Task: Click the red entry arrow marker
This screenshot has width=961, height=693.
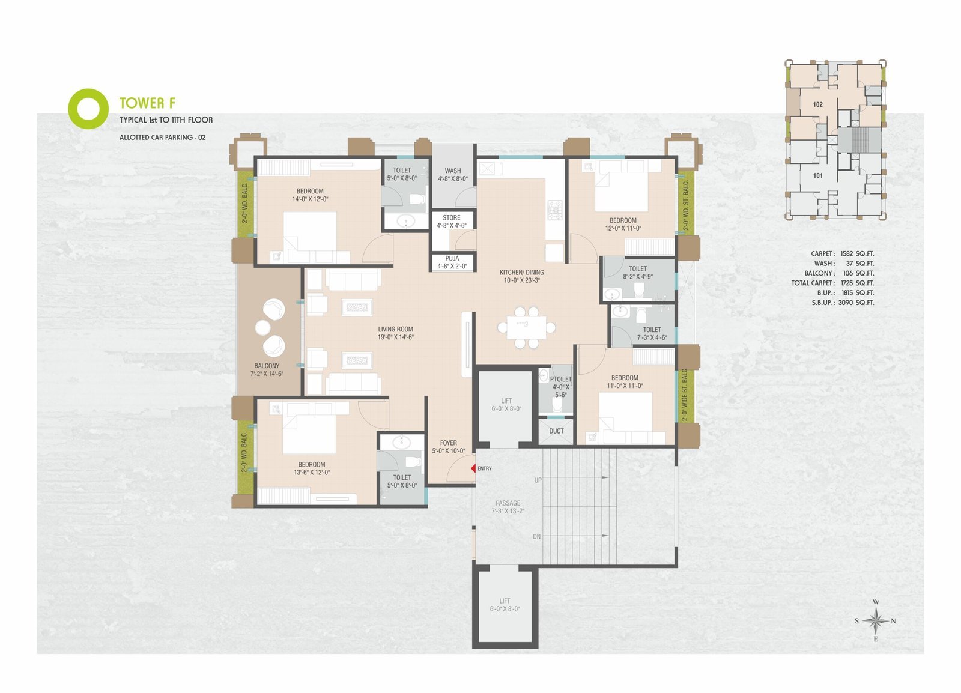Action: coord(474,469)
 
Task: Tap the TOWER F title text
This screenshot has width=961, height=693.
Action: coord(147,103)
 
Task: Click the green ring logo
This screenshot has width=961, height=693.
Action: coord(88,109)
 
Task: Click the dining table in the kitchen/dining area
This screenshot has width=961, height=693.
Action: coord(526,328)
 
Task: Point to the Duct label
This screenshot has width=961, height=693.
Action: coord(556,431)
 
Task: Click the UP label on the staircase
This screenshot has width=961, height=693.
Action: coord(538,480)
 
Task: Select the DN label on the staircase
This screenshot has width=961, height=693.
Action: coord(537,536)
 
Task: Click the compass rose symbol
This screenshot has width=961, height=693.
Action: coord(876,620)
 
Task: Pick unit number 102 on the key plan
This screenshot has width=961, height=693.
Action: coord(817,104)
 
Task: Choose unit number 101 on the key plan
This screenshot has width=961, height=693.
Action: coord(817,175)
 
